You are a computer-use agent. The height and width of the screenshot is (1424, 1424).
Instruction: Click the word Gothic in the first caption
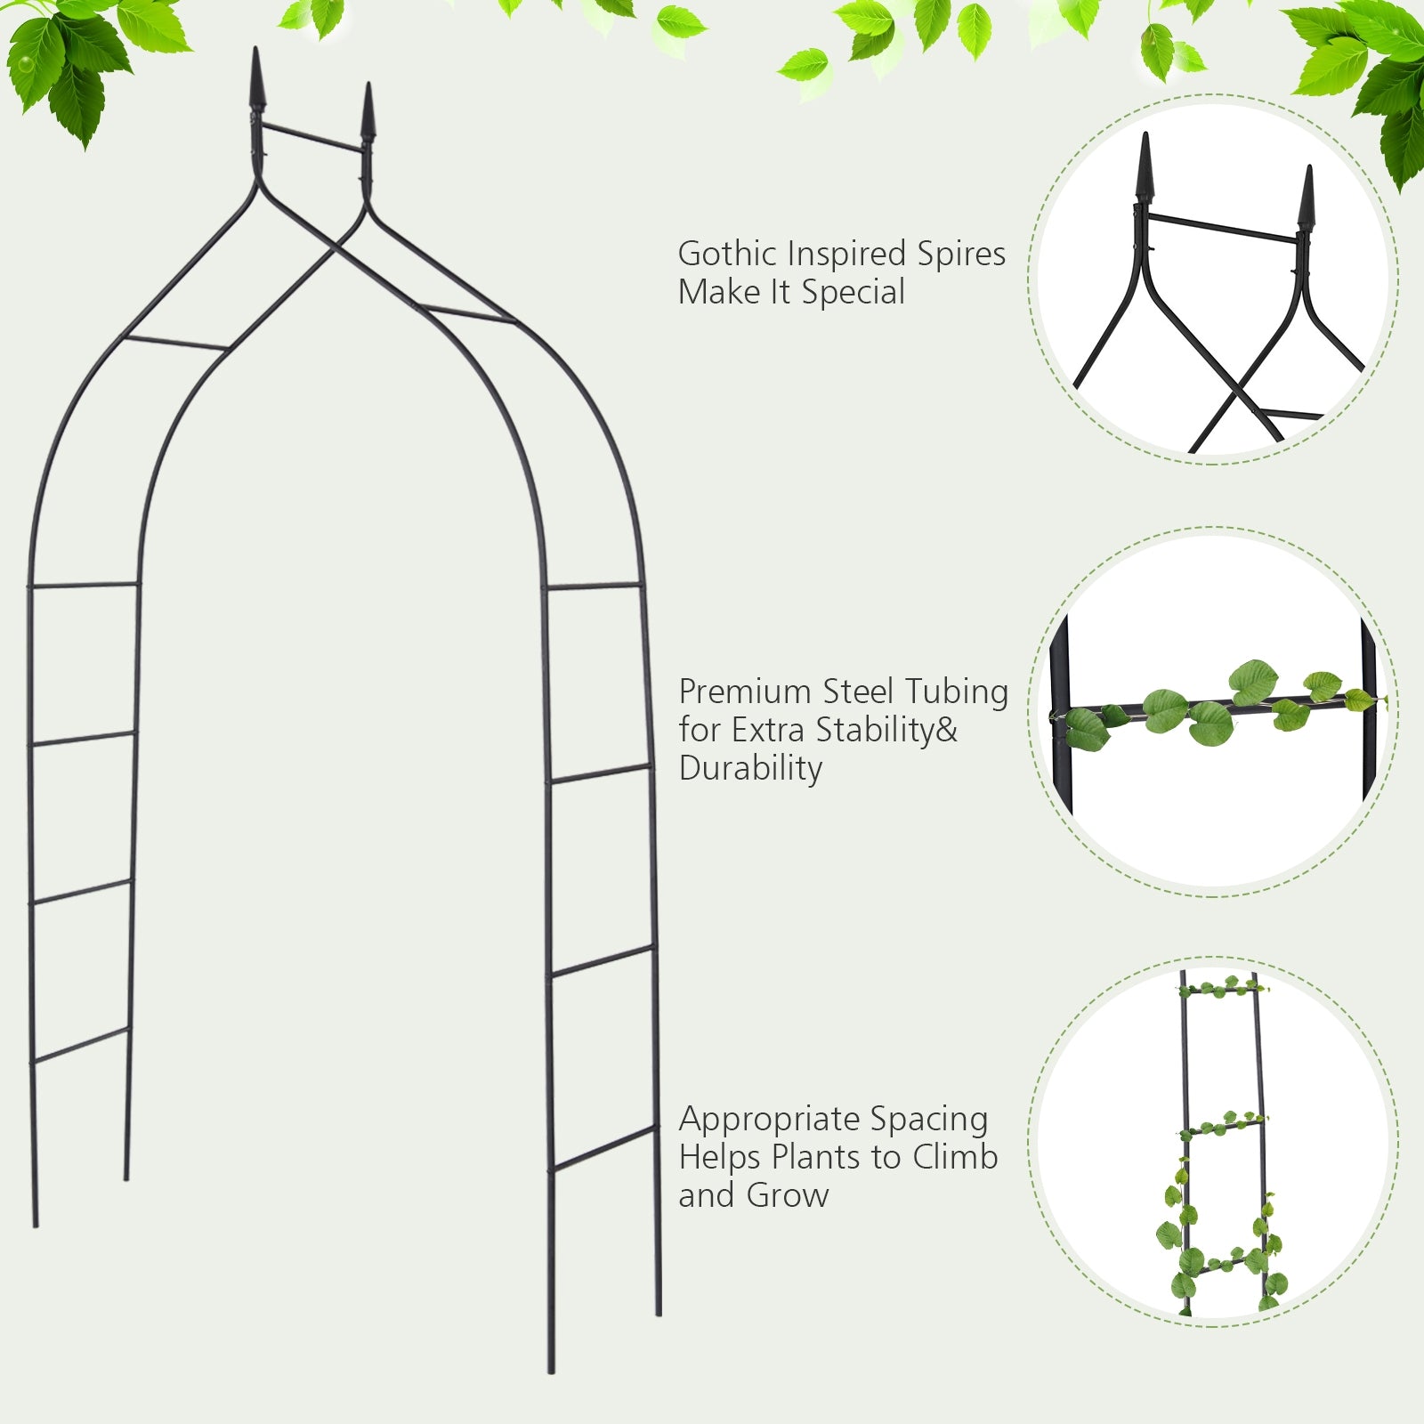tap(723, 255)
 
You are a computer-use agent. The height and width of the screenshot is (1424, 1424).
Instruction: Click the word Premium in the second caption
tap(744, 692)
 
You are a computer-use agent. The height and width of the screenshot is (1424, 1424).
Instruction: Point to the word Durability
tap(750, 768)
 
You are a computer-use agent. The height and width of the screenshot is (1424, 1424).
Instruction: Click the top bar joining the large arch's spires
tap(311, 138)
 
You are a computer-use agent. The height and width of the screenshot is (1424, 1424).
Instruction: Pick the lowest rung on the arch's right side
tap(604, 1146)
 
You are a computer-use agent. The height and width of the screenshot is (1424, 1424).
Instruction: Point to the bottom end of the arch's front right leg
tap(551, 1371)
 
